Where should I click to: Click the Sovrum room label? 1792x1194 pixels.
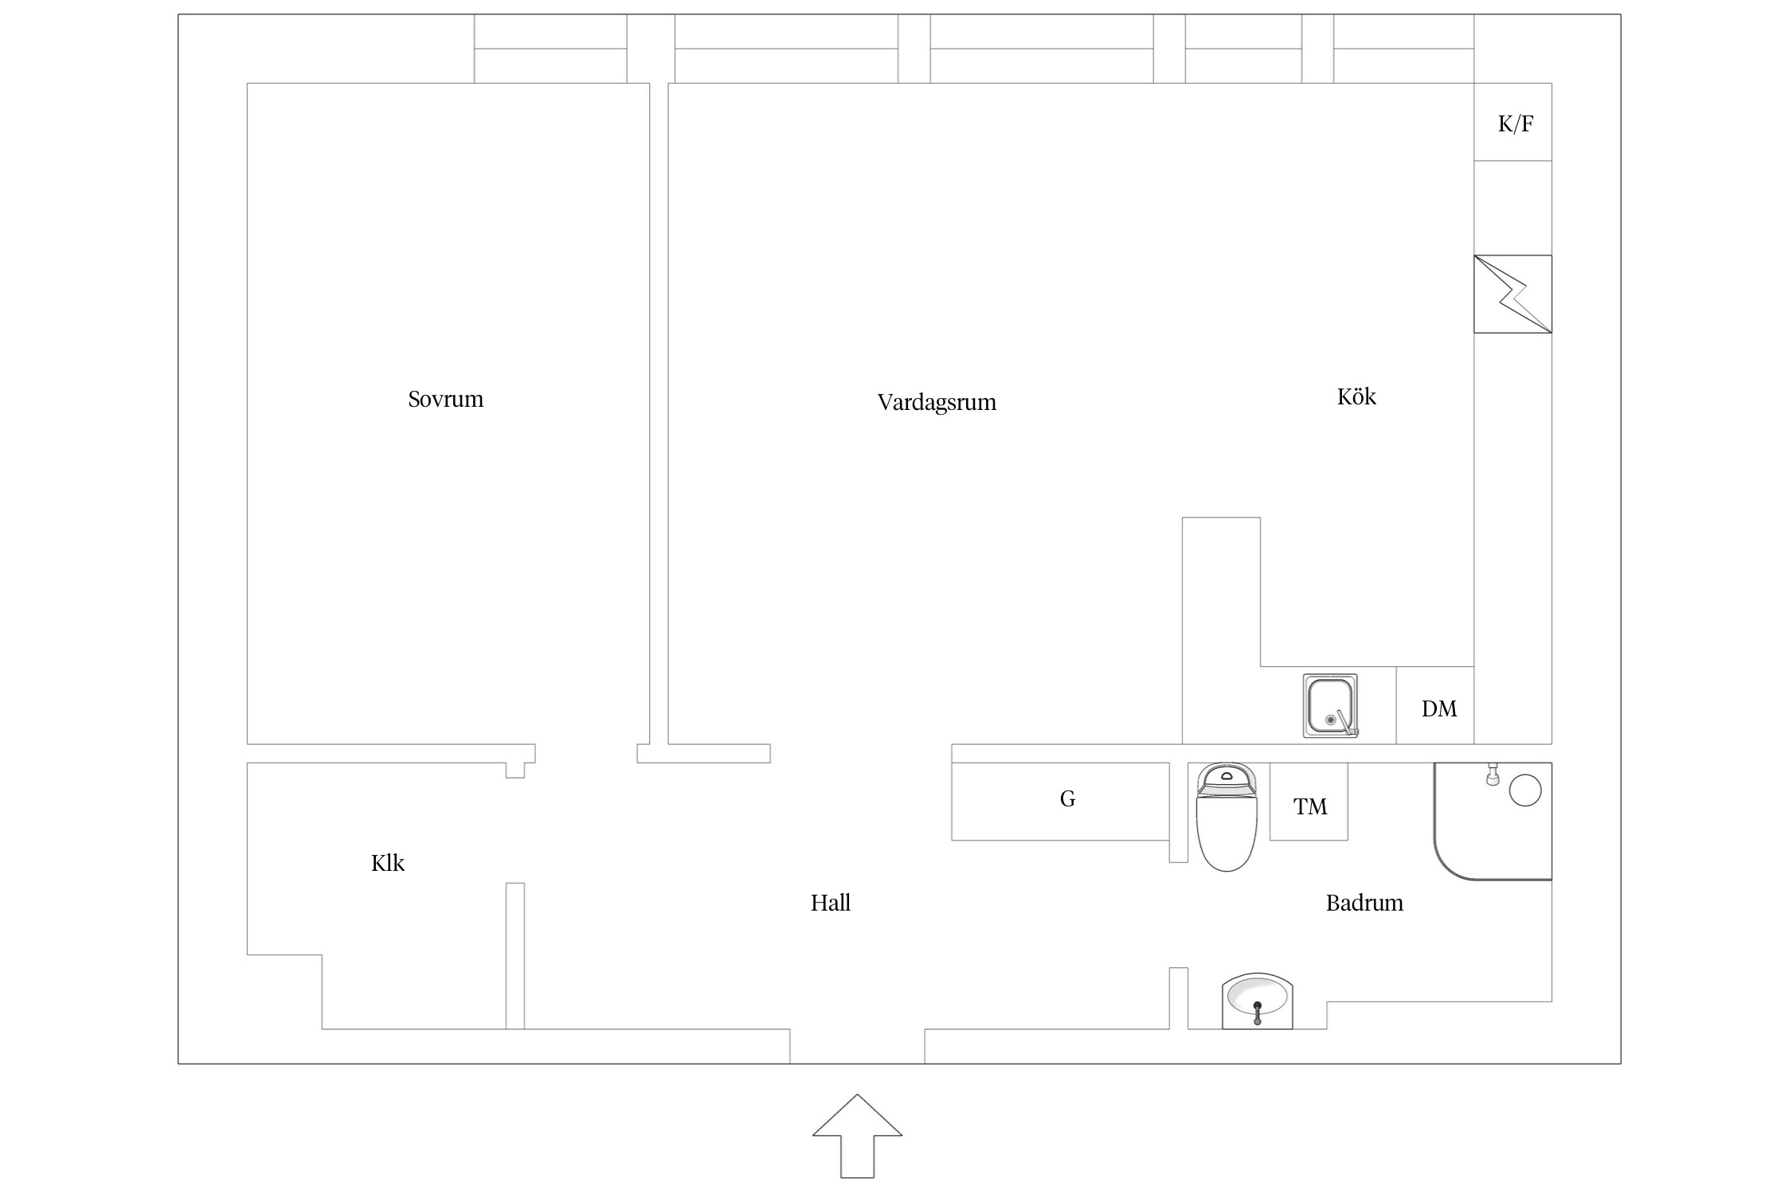(445, 399)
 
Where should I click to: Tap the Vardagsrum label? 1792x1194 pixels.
(937, 402)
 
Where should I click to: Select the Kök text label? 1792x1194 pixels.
(1356, 396)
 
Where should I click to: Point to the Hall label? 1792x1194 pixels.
(831, 903)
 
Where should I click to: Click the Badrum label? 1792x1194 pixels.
(1364, 903)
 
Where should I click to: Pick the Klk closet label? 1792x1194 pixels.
(388, 863)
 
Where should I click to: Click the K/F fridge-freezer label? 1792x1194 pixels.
(1516, 123)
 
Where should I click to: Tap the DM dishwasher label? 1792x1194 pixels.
(1439, 708)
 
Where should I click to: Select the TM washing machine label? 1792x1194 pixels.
(1310, 806)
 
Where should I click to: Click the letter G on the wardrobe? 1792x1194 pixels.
(1068, 798)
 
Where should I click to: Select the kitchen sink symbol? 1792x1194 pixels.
(1330, 705)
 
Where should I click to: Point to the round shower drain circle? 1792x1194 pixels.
(1525, 790)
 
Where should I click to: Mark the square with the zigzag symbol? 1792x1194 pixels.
(1512, 294)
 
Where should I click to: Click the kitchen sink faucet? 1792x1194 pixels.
(1346, 722)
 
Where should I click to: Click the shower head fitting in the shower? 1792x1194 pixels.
(1493, 774)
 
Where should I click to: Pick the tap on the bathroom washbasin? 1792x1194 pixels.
(1258, 1013)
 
